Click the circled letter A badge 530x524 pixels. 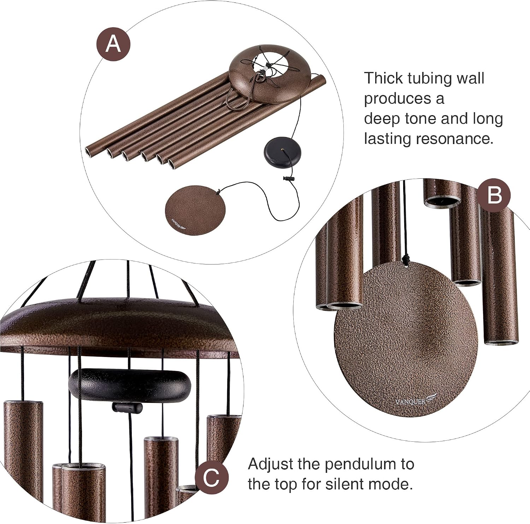pos(114,44)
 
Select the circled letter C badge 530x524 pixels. pos(211,477)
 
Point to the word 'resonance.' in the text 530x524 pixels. pos(454,139)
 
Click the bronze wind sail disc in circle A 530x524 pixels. pos(195,210)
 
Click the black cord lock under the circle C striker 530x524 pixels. pos(127,407)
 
